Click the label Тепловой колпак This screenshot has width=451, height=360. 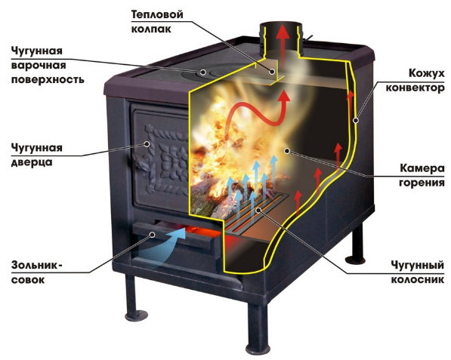pyautogui.click(x=157, y=22)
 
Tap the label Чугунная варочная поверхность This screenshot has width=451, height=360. pyautogui.click(x=48, y=65)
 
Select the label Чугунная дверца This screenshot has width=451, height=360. pyautogui.click(x=37, y=155)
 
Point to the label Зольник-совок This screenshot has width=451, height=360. pyautogui.click(x=36, y=272)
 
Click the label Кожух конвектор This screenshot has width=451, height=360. pyautogui.click(x=415, y=81)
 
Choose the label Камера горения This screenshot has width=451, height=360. pyautogui.click(x=422, y=175)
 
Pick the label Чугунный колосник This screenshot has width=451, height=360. pyautogui.click(x=417, y=272)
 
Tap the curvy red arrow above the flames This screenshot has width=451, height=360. pyautogui.click(x=256, y=115)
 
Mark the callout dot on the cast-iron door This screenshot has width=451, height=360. pyautogui.click(x=147, y=144)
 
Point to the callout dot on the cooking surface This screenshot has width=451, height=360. pyautogui.click(x=204, y=72)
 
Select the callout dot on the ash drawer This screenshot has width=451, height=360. pyautogui.click(x=153, y=235)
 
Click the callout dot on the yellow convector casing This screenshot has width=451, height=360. pyautogui.click(x=356, y=121)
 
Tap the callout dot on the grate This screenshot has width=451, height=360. pyautogui.click(x=259, y=211)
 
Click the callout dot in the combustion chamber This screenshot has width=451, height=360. pyautogui.click(x=286, y=150)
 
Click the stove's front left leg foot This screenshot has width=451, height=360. pyautogui.click(x=136, y=315)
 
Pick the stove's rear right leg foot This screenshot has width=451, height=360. pyautogui.click(x=355, y=260)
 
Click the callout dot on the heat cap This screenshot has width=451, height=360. pyautogui.click(x=272, y=72)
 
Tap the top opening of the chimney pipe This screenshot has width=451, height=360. pyautogui.click(x=280, y=26)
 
